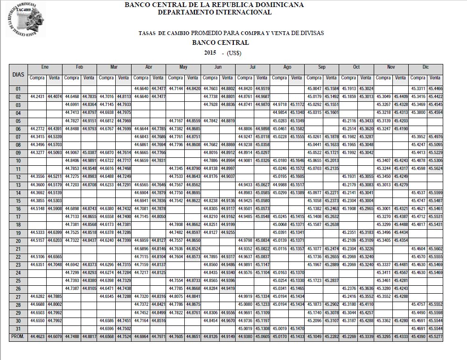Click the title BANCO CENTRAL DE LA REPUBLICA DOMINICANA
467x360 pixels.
(214, 5)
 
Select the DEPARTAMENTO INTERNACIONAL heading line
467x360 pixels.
(214, 12)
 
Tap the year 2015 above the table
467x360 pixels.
(210, 52)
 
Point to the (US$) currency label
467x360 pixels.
(234, 53)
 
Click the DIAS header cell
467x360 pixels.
(18, 74)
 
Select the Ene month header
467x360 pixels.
(45, 67)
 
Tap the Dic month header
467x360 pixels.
(425, 67)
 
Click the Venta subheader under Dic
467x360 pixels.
(435, 78)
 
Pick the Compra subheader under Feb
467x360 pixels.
(72, 78)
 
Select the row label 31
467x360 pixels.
(18, 328)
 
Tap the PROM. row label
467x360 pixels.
(18, 336)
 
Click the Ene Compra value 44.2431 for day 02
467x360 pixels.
(37, 96)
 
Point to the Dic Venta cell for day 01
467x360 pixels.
(435, 88)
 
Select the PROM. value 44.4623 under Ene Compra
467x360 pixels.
(37, 336)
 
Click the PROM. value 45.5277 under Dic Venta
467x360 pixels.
(435, 336)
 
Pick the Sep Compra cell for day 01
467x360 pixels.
(314, 88)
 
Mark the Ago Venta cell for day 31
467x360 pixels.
(297, 328)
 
